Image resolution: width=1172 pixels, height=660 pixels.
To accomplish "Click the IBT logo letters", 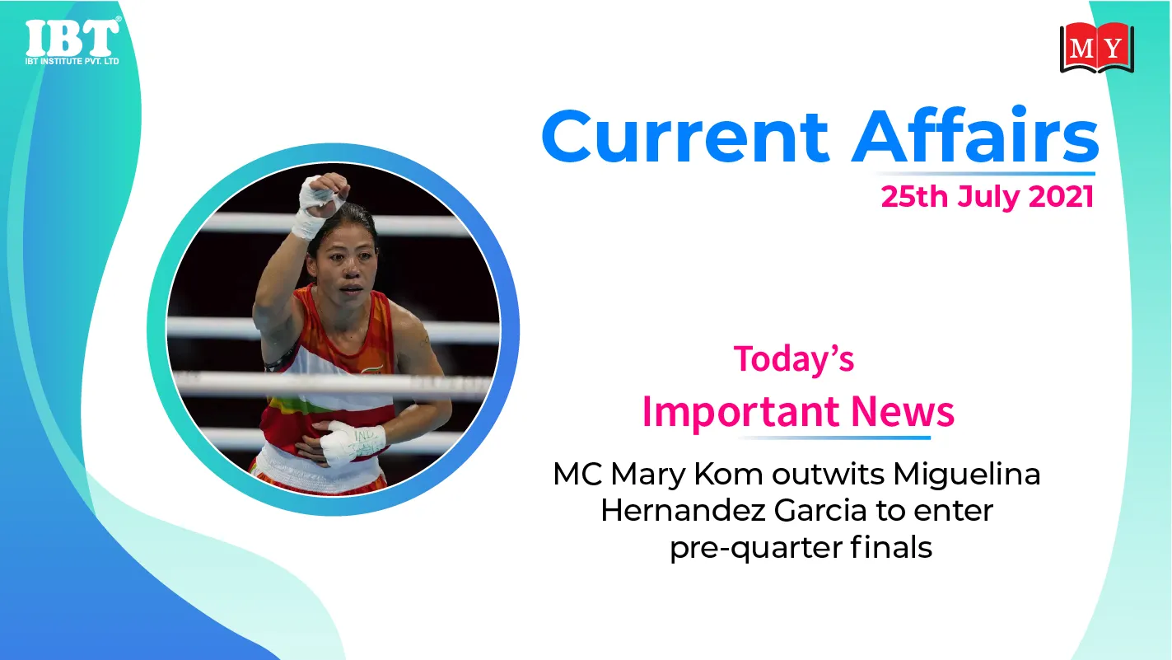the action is click(x=72, y=38).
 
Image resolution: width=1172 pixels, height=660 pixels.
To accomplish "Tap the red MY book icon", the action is click(x=1097, y=48).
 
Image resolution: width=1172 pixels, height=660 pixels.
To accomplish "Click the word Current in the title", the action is click(x=685, y=137).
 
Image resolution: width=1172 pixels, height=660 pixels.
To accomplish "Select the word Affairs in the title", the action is click(x=975, y=134).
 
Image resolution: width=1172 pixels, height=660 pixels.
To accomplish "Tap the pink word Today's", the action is click(x=794, y=359).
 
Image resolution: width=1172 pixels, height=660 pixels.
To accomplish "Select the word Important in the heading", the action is click(x=742, y=412).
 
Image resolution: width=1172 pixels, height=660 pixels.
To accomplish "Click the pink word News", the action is click(x=903, y=411).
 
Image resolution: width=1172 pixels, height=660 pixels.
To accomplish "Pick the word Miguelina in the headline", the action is click(x=966, y=475).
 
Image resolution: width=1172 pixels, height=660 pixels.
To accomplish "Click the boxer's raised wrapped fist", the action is click(x=320, y=202).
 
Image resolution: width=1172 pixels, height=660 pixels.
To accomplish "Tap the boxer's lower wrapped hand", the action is click(x=352, y=442).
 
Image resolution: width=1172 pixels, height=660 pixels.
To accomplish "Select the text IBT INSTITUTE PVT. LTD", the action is click(x=72, y=62).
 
